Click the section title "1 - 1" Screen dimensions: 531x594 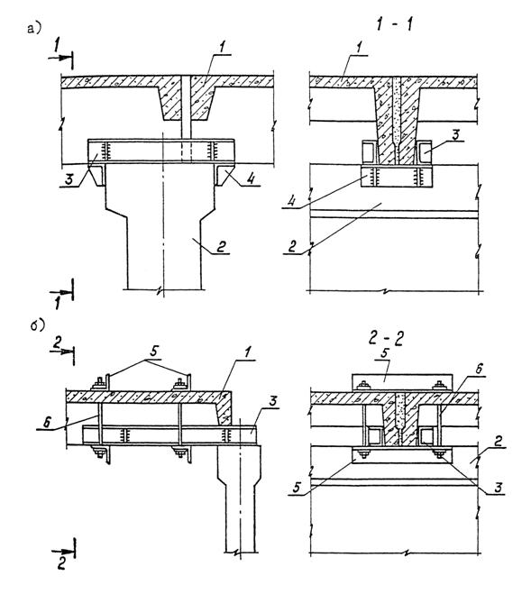coord(395,25)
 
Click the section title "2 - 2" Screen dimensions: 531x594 coord(386,339)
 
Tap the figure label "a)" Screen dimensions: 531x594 coord(33,29)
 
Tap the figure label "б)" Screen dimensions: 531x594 coord(37,325)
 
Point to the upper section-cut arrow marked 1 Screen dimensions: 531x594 coord(60,58)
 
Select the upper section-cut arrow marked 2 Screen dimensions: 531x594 coord(62,352)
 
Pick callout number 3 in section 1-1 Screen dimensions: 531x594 coord(456,135)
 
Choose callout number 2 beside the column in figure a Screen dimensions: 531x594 coord(221,246)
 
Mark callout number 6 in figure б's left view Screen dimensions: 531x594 coord(45,423)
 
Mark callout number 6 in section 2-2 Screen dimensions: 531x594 coord(479,369)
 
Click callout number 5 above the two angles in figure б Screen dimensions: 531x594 coord(153,352)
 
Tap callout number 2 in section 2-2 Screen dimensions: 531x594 coord(499,441)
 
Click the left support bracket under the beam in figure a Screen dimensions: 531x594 coord(96,176)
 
